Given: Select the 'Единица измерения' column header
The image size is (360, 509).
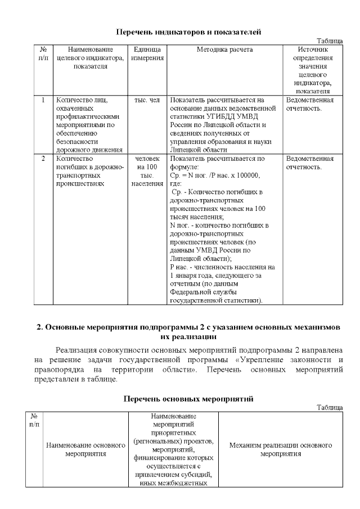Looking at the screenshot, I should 148,53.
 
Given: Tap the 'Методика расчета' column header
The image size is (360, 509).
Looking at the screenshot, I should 224,49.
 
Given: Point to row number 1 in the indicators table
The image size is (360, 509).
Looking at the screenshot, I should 43,100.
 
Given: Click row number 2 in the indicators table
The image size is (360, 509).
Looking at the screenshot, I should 43,159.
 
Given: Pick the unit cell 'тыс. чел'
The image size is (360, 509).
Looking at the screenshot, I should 148,100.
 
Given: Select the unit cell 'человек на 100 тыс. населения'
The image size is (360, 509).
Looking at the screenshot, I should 148,171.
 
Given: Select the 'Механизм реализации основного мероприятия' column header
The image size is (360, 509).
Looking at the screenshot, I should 281,449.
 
